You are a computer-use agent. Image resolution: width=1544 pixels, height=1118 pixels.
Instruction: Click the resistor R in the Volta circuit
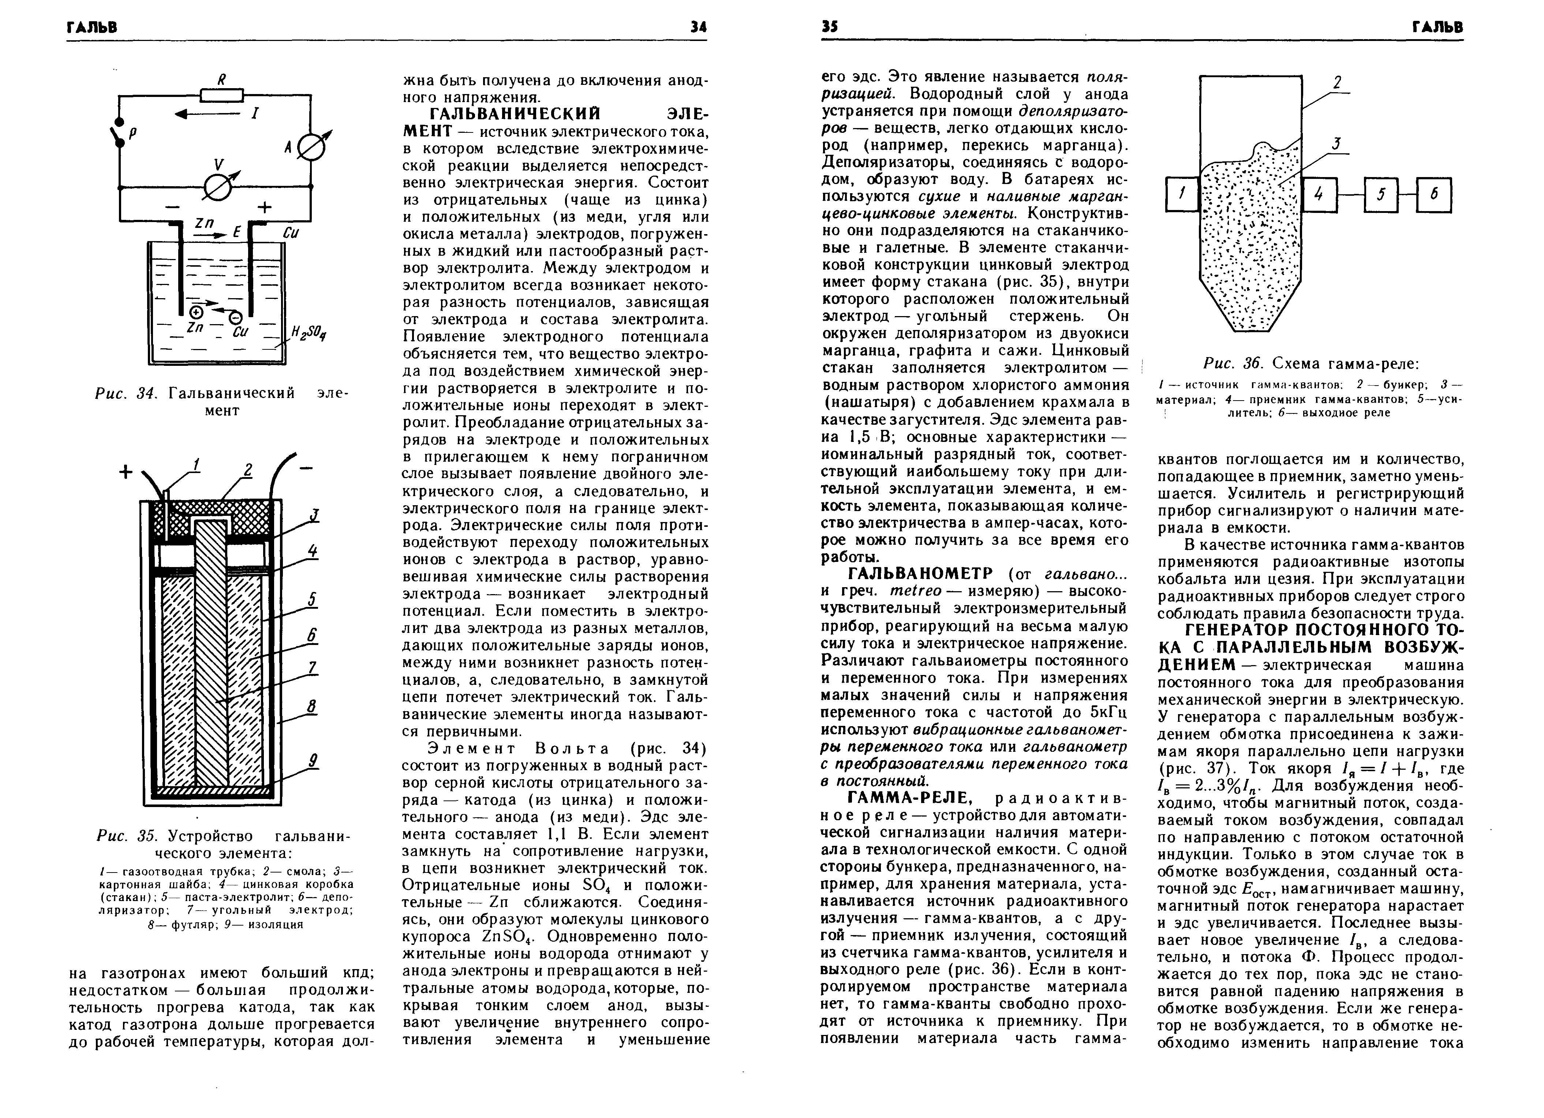pos(221,95)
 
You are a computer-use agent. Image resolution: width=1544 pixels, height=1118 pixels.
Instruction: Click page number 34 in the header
pos(698,27)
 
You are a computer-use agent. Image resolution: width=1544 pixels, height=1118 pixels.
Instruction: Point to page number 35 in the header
pos(829,27)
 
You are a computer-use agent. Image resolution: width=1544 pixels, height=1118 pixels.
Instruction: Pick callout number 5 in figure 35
pos(312,600)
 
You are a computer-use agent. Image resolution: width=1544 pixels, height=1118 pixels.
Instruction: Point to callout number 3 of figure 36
pos(1336,143)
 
